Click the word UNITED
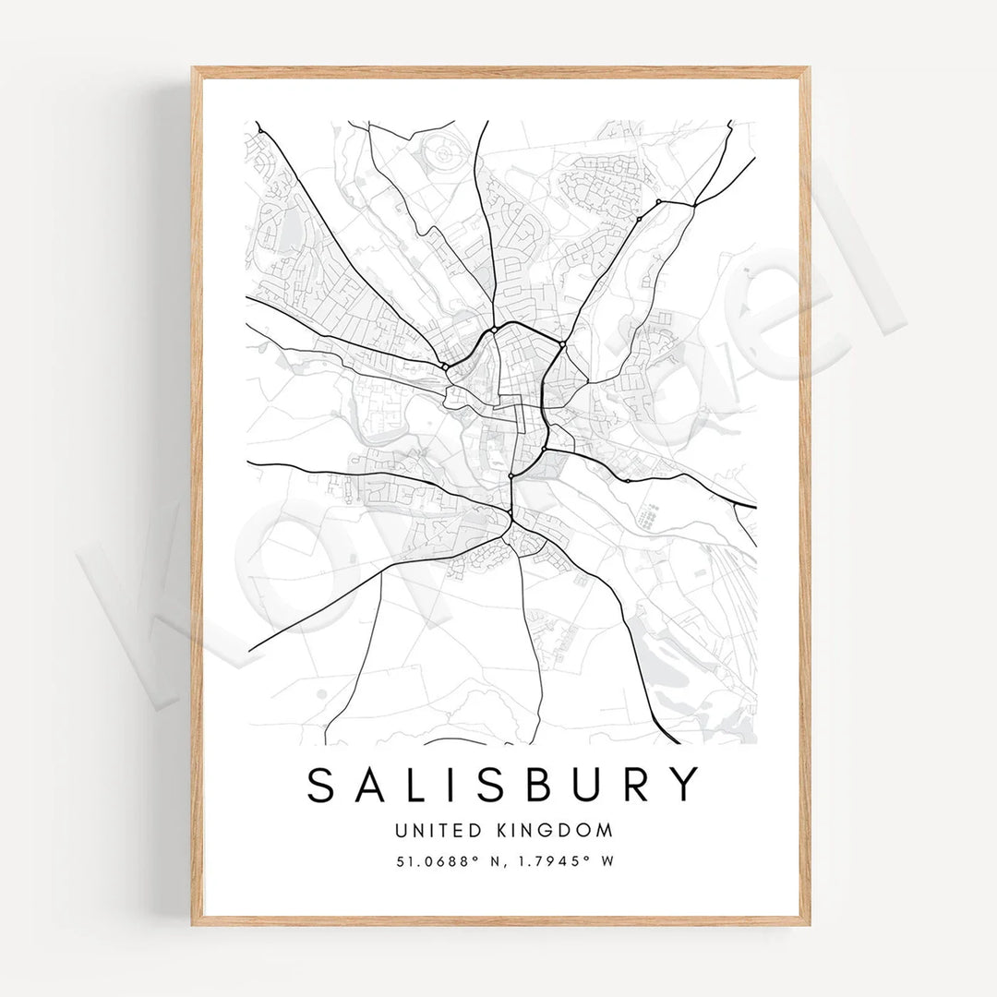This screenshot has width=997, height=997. pos(430,830)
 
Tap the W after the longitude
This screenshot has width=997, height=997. pos(607,861)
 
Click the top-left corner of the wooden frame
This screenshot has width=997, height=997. pos(193,68)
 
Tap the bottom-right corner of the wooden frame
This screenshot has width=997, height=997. pos(809,924)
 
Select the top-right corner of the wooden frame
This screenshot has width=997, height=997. pos(809,68)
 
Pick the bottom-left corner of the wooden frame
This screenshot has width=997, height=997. pos(193,924)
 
